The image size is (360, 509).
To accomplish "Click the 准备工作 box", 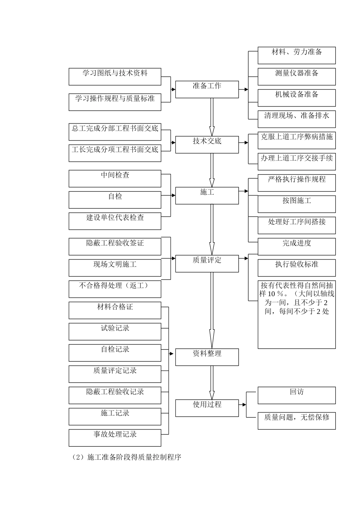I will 207,90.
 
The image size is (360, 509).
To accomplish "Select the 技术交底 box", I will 207,145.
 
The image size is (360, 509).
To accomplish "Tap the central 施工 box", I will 207,195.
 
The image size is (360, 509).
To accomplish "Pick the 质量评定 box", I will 207,264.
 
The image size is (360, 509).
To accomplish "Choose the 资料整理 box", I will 207,357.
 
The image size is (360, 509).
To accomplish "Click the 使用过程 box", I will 207,408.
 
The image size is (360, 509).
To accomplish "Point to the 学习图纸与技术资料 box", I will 115,77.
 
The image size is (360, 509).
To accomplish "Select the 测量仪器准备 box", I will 297,77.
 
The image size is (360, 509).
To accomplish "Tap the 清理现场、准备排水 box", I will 297,119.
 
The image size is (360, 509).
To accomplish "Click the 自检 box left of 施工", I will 115,200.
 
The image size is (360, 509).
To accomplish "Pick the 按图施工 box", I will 297,204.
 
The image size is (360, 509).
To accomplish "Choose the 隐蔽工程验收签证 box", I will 115,247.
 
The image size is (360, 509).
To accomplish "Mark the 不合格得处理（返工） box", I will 115,289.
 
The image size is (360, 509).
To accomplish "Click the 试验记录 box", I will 115,331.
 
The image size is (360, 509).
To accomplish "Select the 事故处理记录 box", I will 115,437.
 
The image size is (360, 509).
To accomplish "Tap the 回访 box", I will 297,395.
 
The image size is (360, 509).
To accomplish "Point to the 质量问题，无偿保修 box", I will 297,421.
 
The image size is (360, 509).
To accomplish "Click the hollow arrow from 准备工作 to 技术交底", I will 212,117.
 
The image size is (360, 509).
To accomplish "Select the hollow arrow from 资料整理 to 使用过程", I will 212,383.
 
